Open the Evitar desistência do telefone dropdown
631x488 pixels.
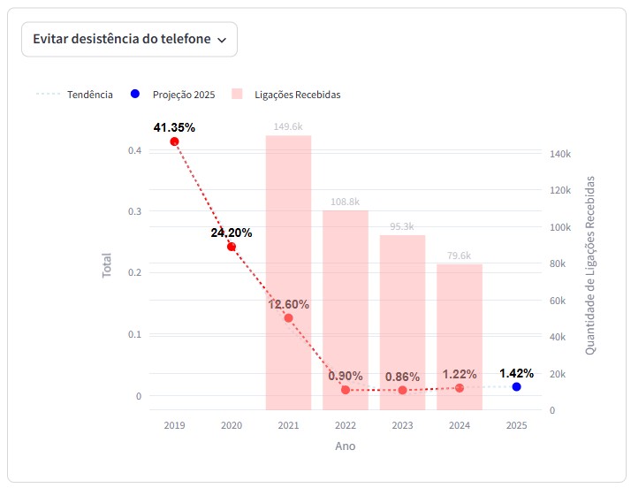tap(129, 40)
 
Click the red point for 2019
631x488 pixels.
tap(175, 141)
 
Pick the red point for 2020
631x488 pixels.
tap(232, 247)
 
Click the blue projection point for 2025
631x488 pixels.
tap(516, 387)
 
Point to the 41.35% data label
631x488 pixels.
tap(174, 127)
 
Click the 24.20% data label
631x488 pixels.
tap(232, 233)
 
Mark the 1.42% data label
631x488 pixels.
tap(516, 372)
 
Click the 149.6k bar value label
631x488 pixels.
tap(288, 127)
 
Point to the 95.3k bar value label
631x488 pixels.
tap(402, 227)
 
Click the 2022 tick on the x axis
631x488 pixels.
tap(345, 425)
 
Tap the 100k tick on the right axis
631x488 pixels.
tap(559, 227)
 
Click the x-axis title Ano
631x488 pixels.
tap(345, 446)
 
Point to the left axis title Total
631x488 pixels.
tap(108, 266)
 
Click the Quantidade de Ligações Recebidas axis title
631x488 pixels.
tap(590, 265)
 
